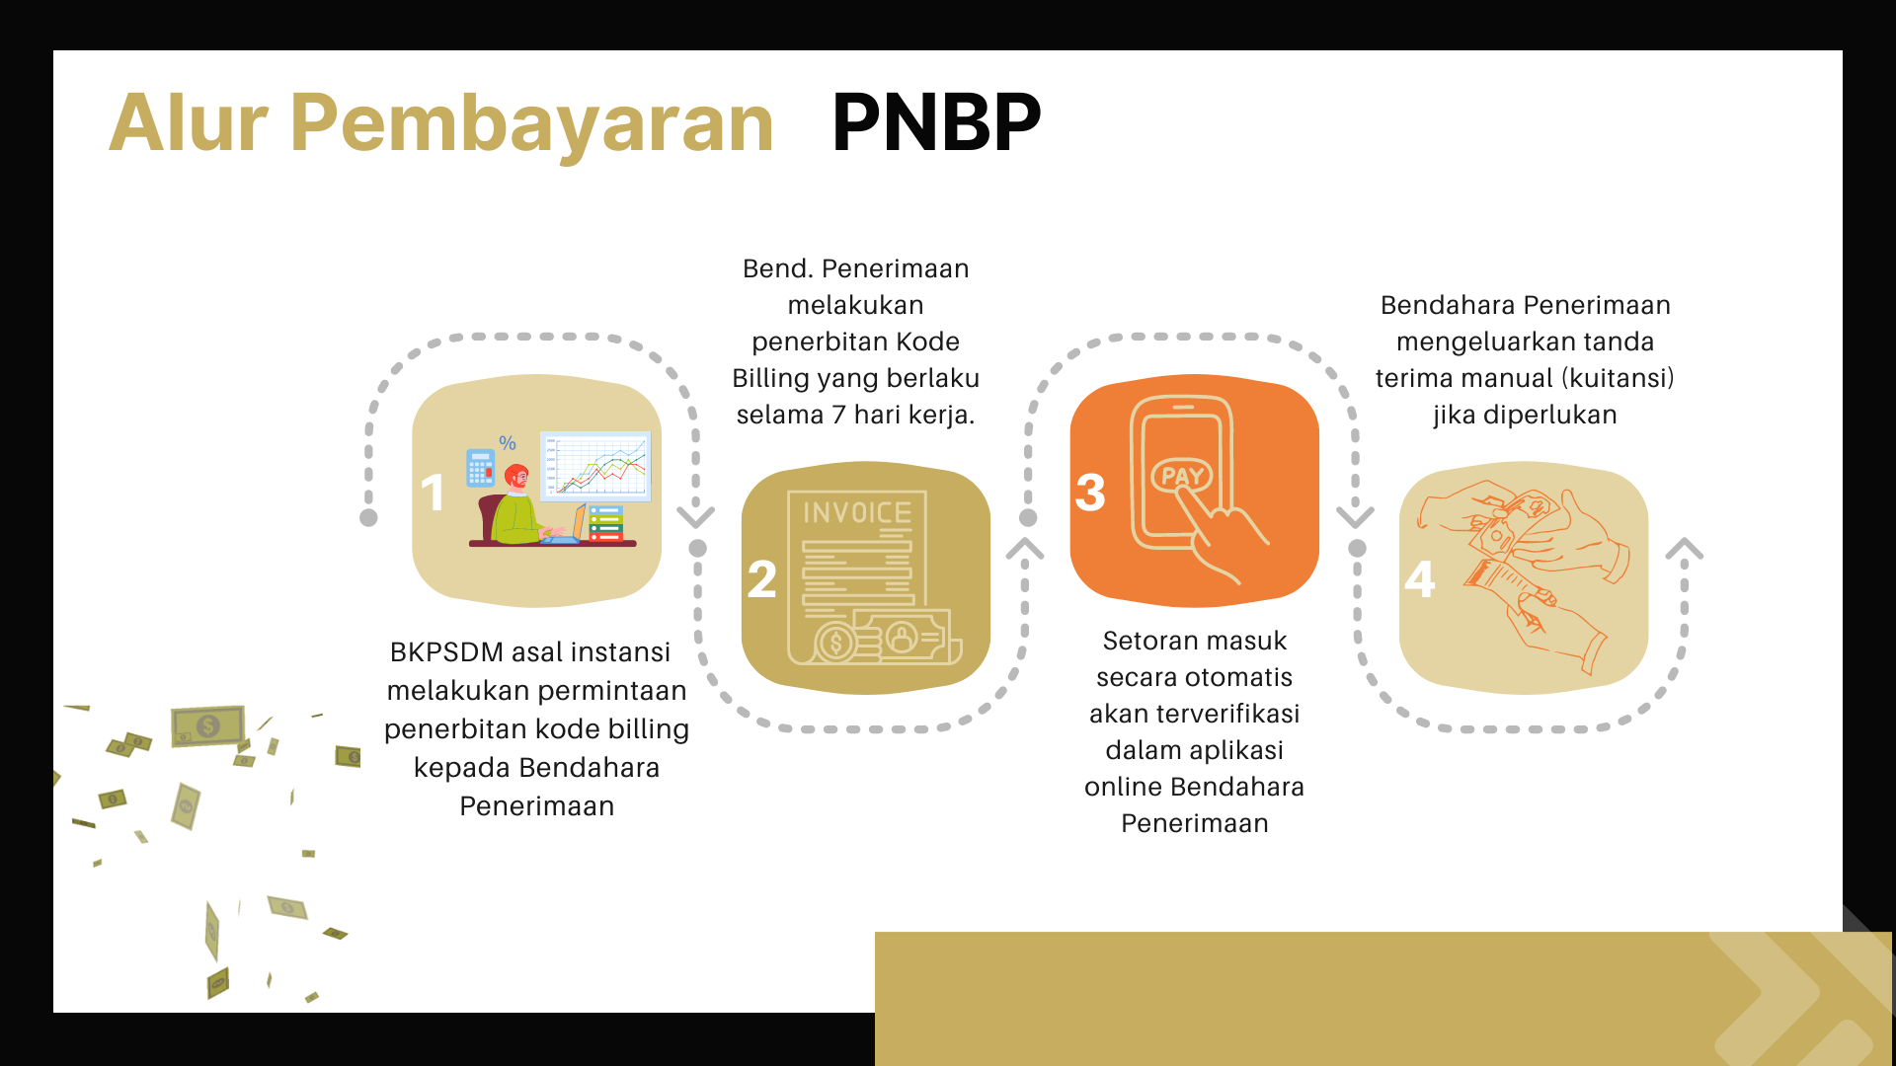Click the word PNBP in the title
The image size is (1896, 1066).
click(x=936, y=122)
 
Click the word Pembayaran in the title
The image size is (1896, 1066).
click(x=532, y=124)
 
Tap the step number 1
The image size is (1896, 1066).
click(x=433, y=492)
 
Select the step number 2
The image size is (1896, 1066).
click(x=761, y=578)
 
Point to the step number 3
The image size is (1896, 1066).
click(x=1090, y=492)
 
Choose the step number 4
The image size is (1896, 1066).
click(x=1420, y=578)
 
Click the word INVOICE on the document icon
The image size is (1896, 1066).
click(x=857, y=512)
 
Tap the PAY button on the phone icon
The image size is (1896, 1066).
click(x=1182, y=477)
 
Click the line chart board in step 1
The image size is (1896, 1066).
click(x=595, y=466)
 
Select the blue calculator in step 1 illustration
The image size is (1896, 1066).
click(x=480, y=467)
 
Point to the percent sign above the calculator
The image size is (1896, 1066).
click(x=508, y=443)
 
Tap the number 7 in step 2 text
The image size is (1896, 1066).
click(x=838, y=415)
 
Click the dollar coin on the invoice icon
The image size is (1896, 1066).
click(x=836, y=644)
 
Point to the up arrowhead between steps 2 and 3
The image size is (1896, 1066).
click(x=1025, y=549)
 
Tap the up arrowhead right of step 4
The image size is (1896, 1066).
click(x=1685, y=549)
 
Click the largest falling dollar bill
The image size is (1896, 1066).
click(x=207, y=726)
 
